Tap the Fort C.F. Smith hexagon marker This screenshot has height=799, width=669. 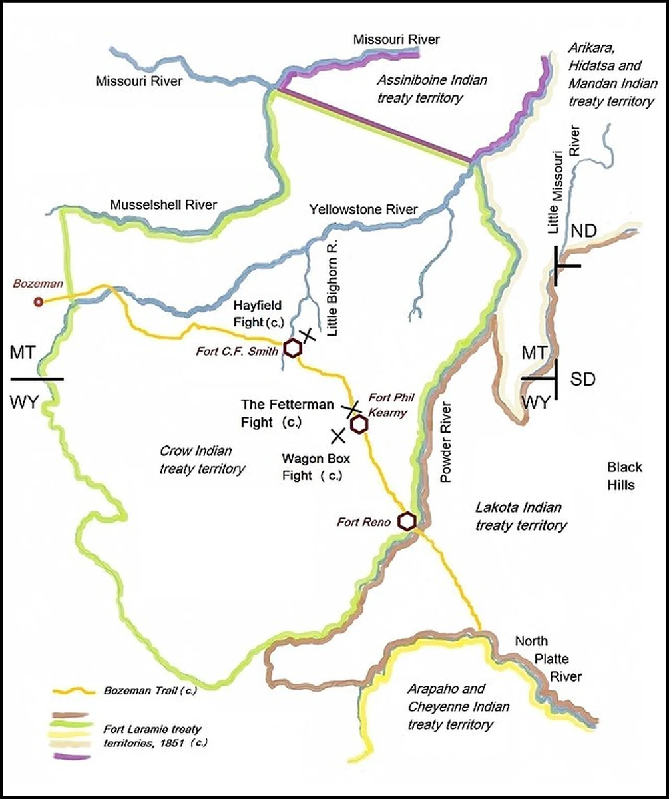292,347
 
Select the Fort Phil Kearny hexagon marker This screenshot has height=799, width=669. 359,425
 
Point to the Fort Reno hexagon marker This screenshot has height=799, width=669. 407,521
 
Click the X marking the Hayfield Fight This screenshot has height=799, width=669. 306,334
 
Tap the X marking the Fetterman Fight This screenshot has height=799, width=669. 351,407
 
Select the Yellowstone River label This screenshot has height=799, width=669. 363,210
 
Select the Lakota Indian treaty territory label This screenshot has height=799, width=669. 521,516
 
